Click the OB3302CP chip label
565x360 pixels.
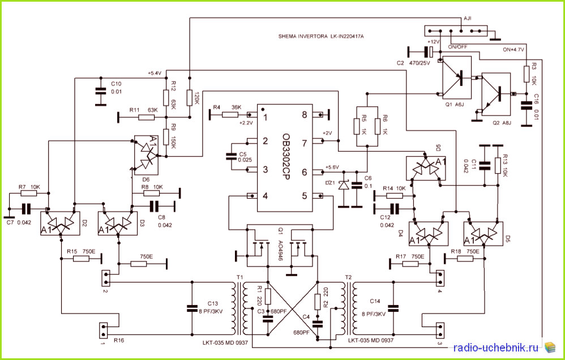tap(286, 157)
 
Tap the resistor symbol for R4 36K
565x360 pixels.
tap(230, 115)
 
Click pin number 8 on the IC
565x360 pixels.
tap(305, 115)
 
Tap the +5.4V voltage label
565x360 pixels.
tap(154, 73)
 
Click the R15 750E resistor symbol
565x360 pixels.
tap(81, 258)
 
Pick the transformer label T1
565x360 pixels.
tap(239, 277)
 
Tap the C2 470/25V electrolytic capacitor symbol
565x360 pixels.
tap(429, 52)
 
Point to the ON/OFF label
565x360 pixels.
tap(457, 47)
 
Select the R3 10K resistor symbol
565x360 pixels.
tap(526, 74)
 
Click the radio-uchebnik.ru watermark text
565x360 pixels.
tap(496, 348)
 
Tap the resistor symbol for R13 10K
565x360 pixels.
tap(498, 165)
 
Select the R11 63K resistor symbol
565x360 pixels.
tap(146, 117)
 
